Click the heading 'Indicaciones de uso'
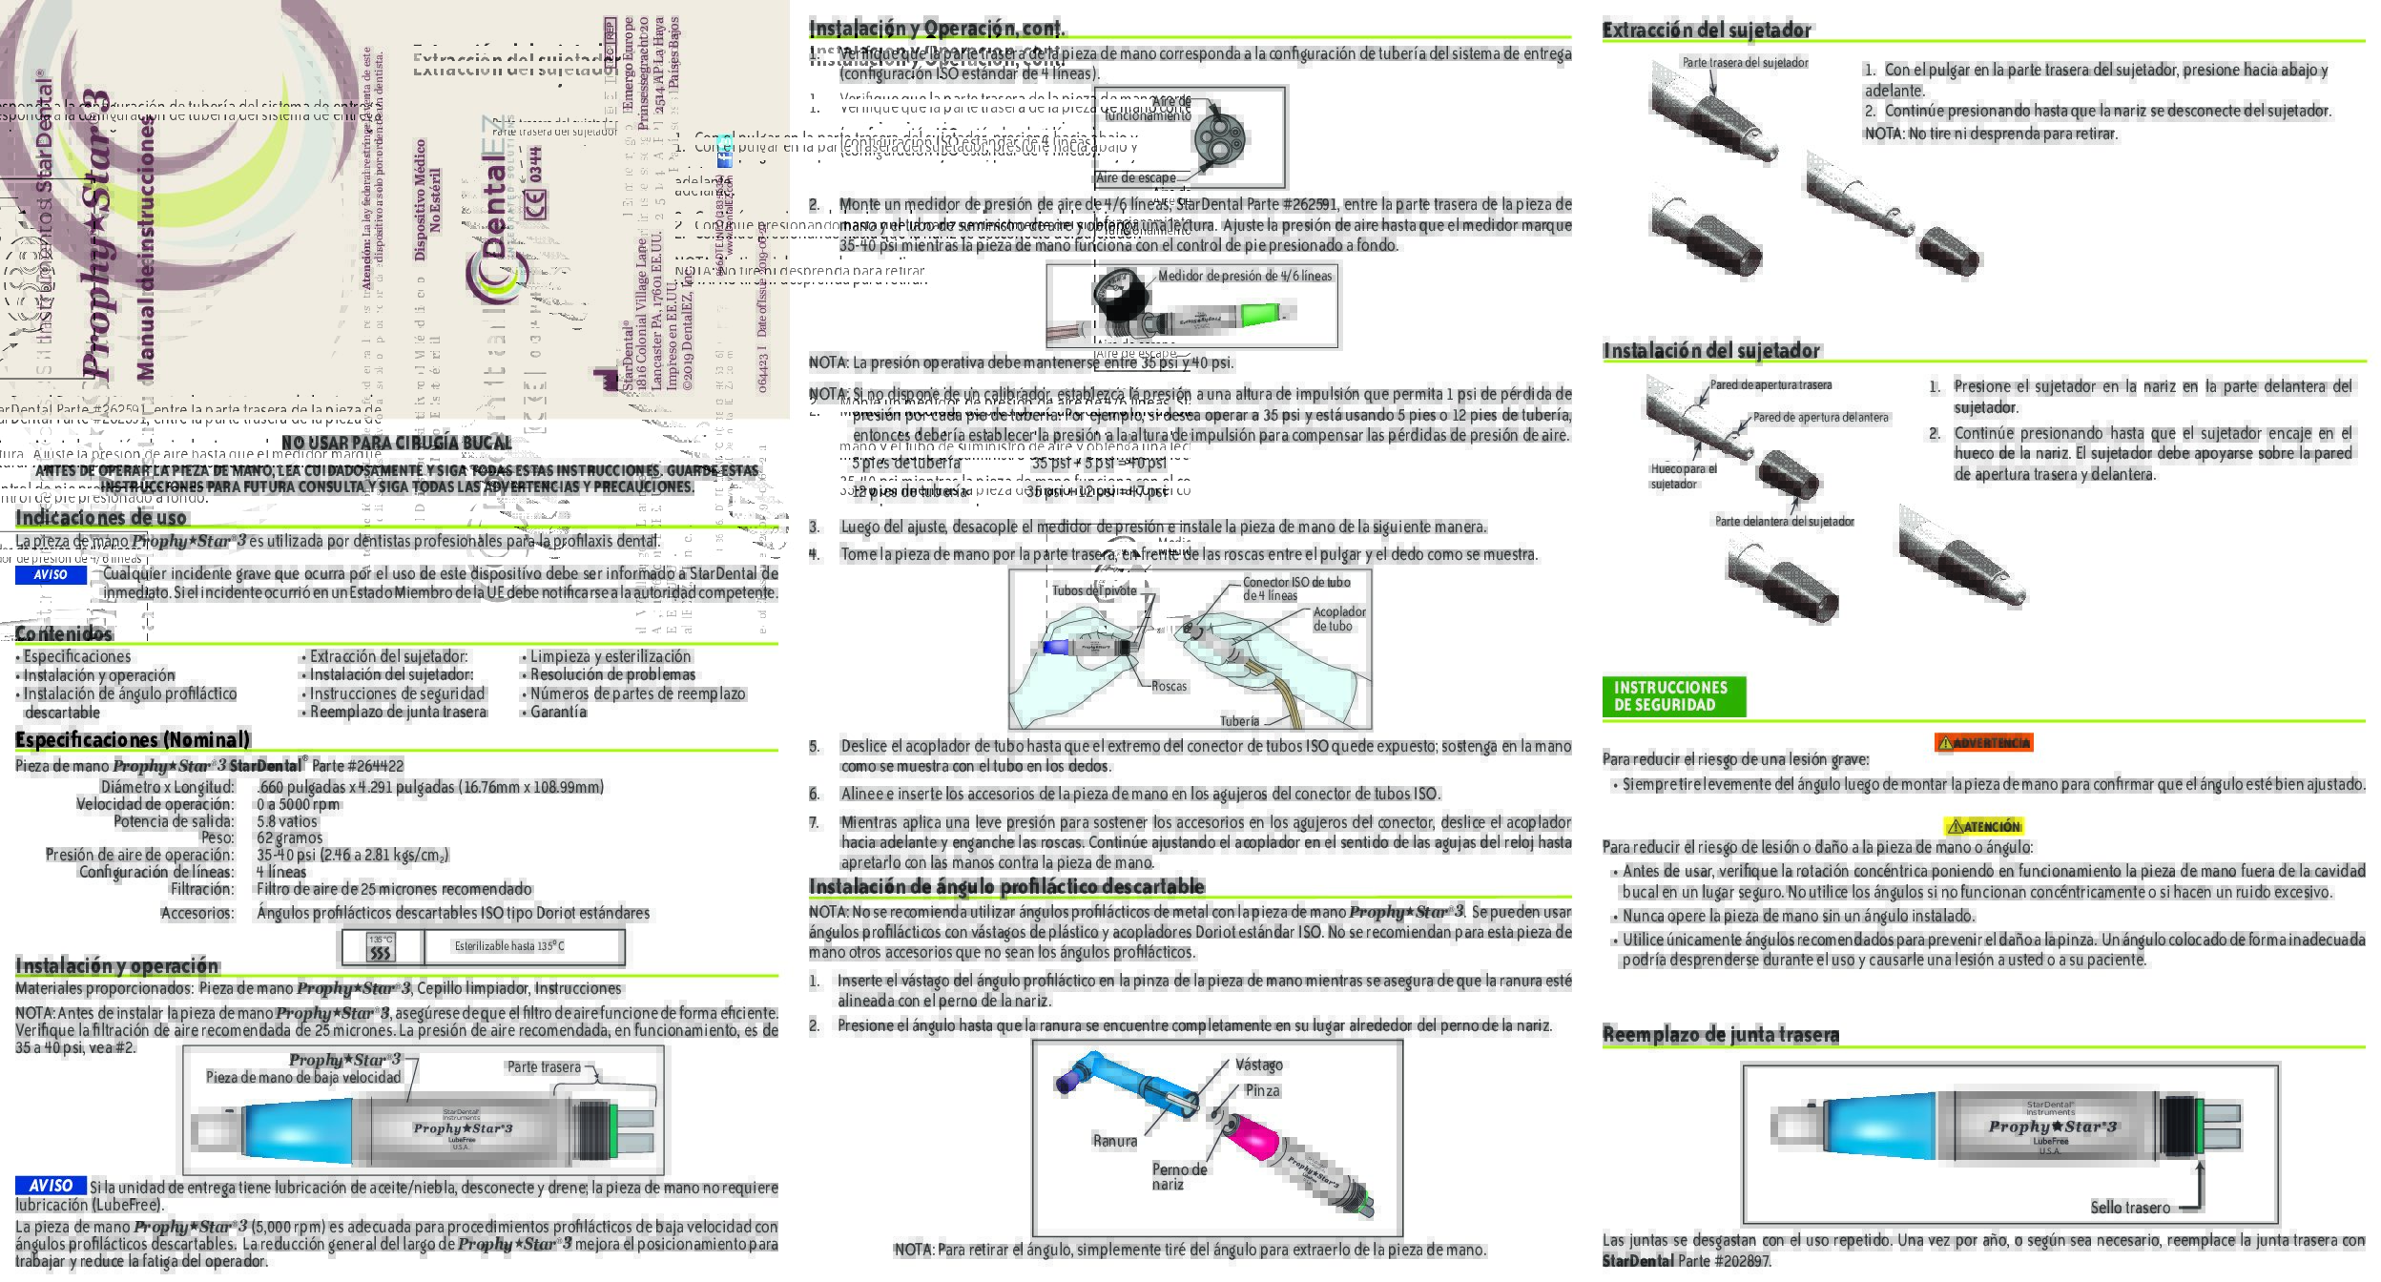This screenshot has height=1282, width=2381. pyautogui.click(x=101, y=518)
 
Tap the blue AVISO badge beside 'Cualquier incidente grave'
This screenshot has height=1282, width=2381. pyautogui.click(x=51, y=575)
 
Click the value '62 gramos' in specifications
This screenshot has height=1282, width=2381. pyautogui.click(x=289, y=837)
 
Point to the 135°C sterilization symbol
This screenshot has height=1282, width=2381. pyautogui.click(x=381, y=947)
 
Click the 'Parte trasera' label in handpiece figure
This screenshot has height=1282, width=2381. pyautogui.click(x=544, y=1066)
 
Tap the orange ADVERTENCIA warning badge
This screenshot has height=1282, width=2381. pyautogui.click(x=1983, y=742)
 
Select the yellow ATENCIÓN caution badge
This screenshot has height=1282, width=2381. pyautogui.click(x=1983, y=826)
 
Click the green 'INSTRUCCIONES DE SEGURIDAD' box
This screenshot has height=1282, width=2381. pyautogui.click(x=1673, y=696)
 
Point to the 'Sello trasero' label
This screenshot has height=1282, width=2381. pyautogui.click(x=2129, y=1208)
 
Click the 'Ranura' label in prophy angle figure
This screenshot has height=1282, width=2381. pyautogui.click(x=1114, y=1141)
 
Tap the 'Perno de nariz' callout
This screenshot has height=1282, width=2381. pyautogui.click(x=1178, y=1176)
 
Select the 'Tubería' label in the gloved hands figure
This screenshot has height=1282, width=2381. pyautogui.click(x=1239, y=721)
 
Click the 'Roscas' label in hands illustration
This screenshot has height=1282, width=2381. pyautogui.click(x=1169, y=686)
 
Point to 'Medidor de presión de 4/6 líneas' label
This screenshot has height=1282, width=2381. pyautogui.click(x=1244, y=276)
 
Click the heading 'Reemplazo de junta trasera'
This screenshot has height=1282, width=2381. pyautogui.click(x=1720, y=1034)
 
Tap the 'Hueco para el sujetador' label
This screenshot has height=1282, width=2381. pyautogui.click(x=1683, y=476)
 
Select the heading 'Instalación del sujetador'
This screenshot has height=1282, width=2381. pyautogui.click(x=1710, y=351)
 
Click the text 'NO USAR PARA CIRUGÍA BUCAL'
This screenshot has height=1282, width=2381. pyautogui.click(x=396, y=443)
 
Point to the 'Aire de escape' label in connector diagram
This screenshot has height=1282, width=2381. pyautogui.click(x=1135, y=177)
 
